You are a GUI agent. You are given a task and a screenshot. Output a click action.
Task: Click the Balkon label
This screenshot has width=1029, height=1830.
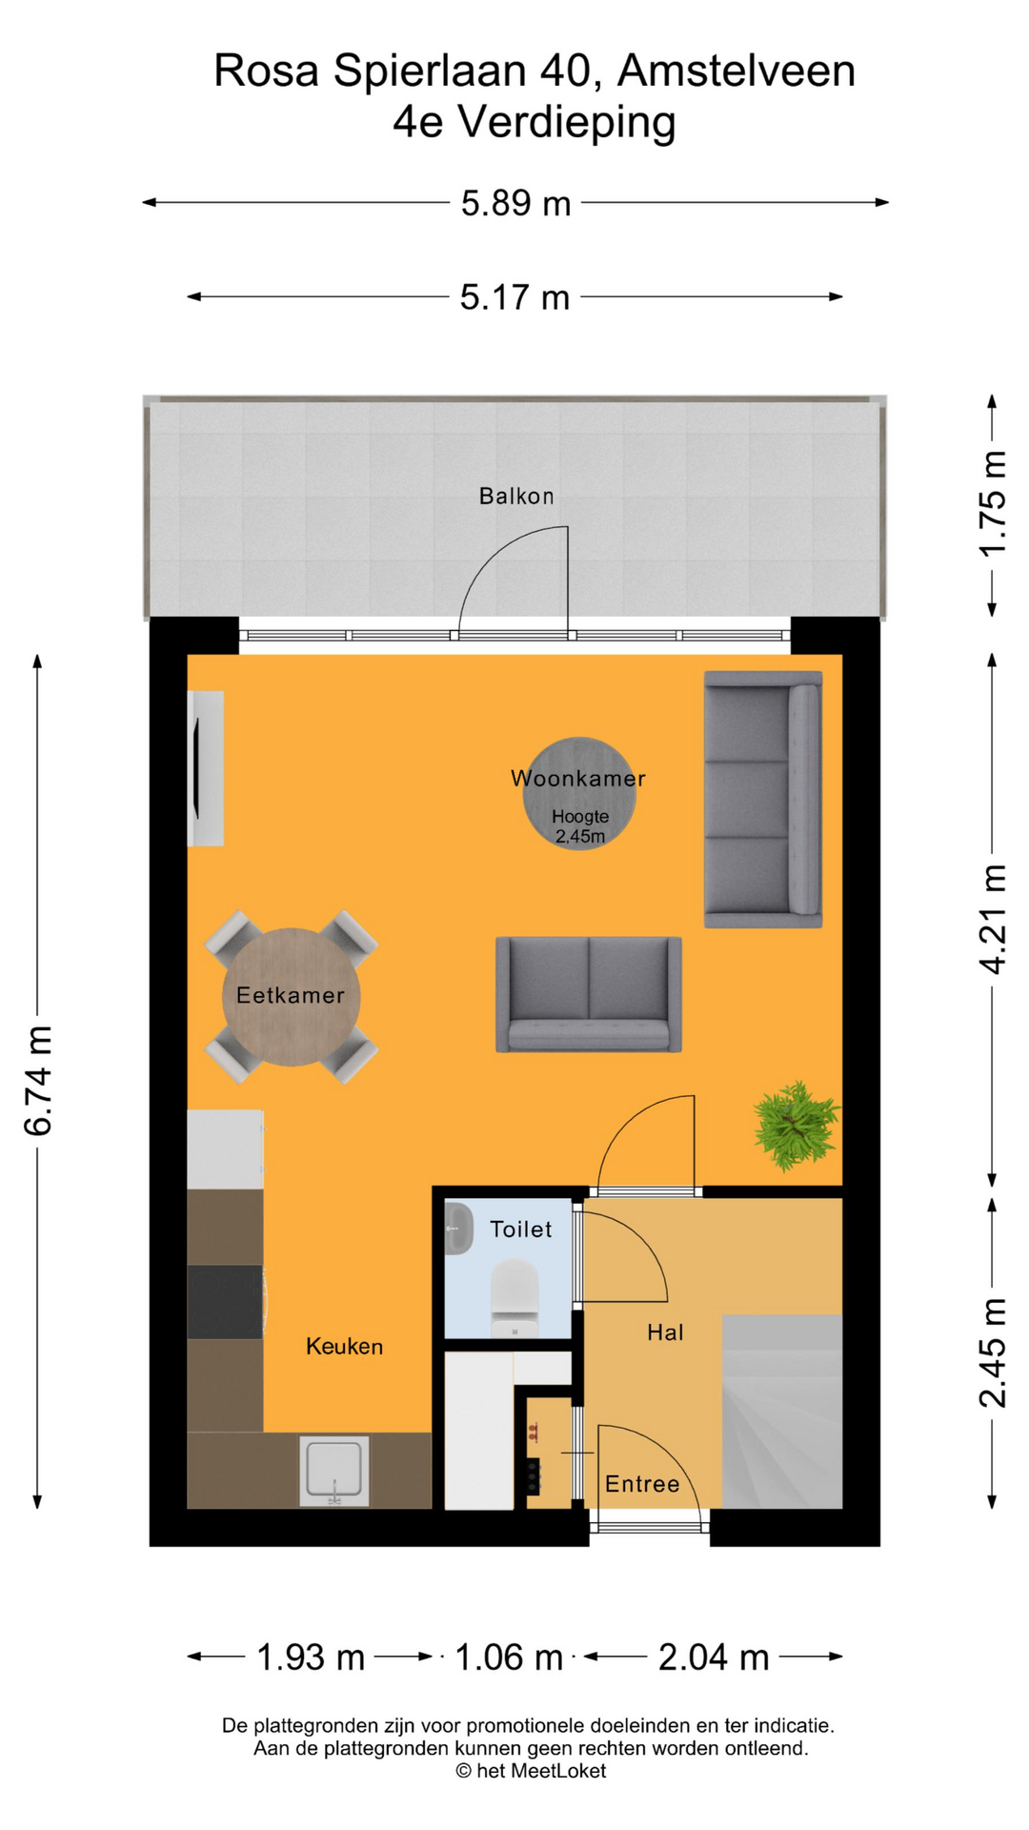pyautogui.click(x=515, y=496)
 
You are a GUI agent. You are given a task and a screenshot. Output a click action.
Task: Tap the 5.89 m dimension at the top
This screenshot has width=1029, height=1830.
pyautogui.click(x=515, y=203)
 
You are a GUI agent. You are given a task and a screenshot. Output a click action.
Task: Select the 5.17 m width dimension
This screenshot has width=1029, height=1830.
pyautogui.click(x=514, y=297)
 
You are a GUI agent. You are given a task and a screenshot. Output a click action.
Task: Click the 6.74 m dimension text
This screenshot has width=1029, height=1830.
pyautogui.click(x=38, y=1081)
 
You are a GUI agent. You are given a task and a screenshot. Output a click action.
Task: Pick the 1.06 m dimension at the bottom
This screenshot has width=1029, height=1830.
pyautogui.click(x=509, y=1657)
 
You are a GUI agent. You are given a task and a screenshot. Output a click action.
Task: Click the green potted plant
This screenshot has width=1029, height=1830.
pyautogui.click(x=796, y=1125)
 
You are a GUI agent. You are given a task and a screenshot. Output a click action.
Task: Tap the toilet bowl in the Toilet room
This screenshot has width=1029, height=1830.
pyautogui.click(x=514, y=1296)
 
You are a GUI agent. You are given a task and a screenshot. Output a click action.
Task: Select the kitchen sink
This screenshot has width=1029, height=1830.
pyautogui.click(x=333, y=1471)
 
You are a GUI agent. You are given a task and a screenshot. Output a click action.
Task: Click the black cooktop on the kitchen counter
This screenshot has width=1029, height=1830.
pyautogui.click(x=225, y=1301)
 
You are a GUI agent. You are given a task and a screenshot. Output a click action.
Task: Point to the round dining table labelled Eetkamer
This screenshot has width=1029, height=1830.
pyautogui.click(x=291, y=996)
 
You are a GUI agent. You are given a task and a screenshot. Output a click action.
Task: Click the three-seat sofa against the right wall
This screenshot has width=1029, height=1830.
pyautogui.click(x=762, y=799)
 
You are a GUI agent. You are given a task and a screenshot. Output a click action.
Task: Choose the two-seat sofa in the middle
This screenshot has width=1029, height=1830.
pyautogui.click(x=588, y=994)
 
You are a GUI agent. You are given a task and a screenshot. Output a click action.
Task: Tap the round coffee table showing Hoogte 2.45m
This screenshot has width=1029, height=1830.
pyautogui.click(x=578, y=793)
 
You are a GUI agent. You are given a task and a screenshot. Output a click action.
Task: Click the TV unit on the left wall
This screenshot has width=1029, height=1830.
pyautogui.click(x=205, y=767)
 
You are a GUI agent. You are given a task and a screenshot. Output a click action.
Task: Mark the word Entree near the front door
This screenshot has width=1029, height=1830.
pyautogui.click(x=642, y=1484)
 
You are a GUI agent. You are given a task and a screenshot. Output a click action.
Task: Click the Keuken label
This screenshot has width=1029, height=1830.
pyautogui.click(x=344, y=1347)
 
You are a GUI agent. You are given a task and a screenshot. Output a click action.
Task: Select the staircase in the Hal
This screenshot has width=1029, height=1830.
pyautogui.click(x=781, y=1411)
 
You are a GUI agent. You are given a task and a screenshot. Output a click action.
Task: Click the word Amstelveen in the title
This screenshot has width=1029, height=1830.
pyautogui.click(x=736, y=71)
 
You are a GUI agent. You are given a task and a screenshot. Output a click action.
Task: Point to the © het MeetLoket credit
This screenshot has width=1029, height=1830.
pyautogui.click(x=531, y=1771)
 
